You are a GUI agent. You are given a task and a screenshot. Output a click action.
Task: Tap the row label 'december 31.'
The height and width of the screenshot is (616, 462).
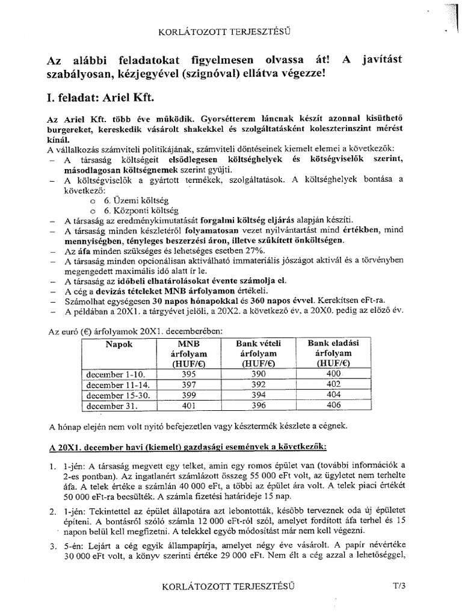tap(108, 406)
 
